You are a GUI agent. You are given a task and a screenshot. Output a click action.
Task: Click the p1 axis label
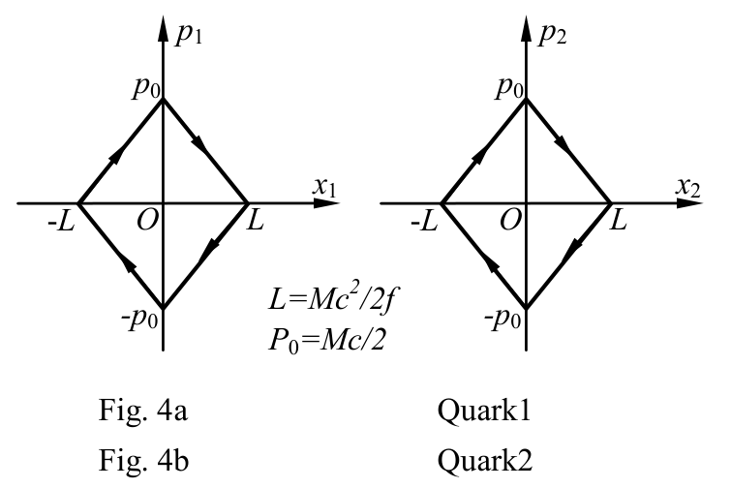coord(189,34)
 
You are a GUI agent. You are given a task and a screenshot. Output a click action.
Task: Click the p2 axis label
coord(553,34)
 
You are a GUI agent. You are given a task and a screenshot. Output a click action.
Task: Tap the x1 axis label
coord(324,188)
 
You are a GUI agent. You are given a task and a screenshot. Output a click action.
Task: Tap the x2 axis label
coord(688,188)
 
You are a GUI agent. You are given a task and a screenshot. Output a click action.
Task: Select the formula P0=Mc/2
coord(327,340)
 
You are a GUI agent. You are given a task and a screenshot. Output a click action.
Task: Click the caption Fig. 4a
coord(143,412)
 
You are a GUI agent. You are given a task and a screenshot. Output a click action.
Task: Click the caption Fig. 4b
coord(143,461)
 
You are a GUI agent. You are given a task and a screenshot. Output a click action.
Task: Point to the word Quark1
coord(484,412)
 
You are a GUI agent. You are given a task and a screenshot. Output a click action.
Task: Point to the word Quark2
coord(485,461)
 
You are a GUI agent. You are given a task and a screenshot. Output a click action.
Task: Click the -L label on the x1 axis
coord(61,223)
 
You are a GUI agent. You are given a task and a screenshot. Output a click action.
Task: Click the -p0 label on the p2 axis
coord(503,319)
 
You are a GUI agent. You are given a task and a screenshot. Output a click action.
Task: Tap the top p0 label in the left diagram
coord(146,87)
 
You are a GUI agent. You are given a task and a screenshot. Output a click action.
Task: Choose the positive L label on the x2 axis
coord(618,221)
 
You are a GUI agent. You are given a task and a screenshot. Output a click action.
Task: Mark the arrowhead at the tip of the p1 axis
coord(163,29)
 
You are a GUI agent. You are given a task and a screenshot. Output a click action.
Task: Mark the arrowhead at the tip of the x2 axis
coord(690,203)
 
